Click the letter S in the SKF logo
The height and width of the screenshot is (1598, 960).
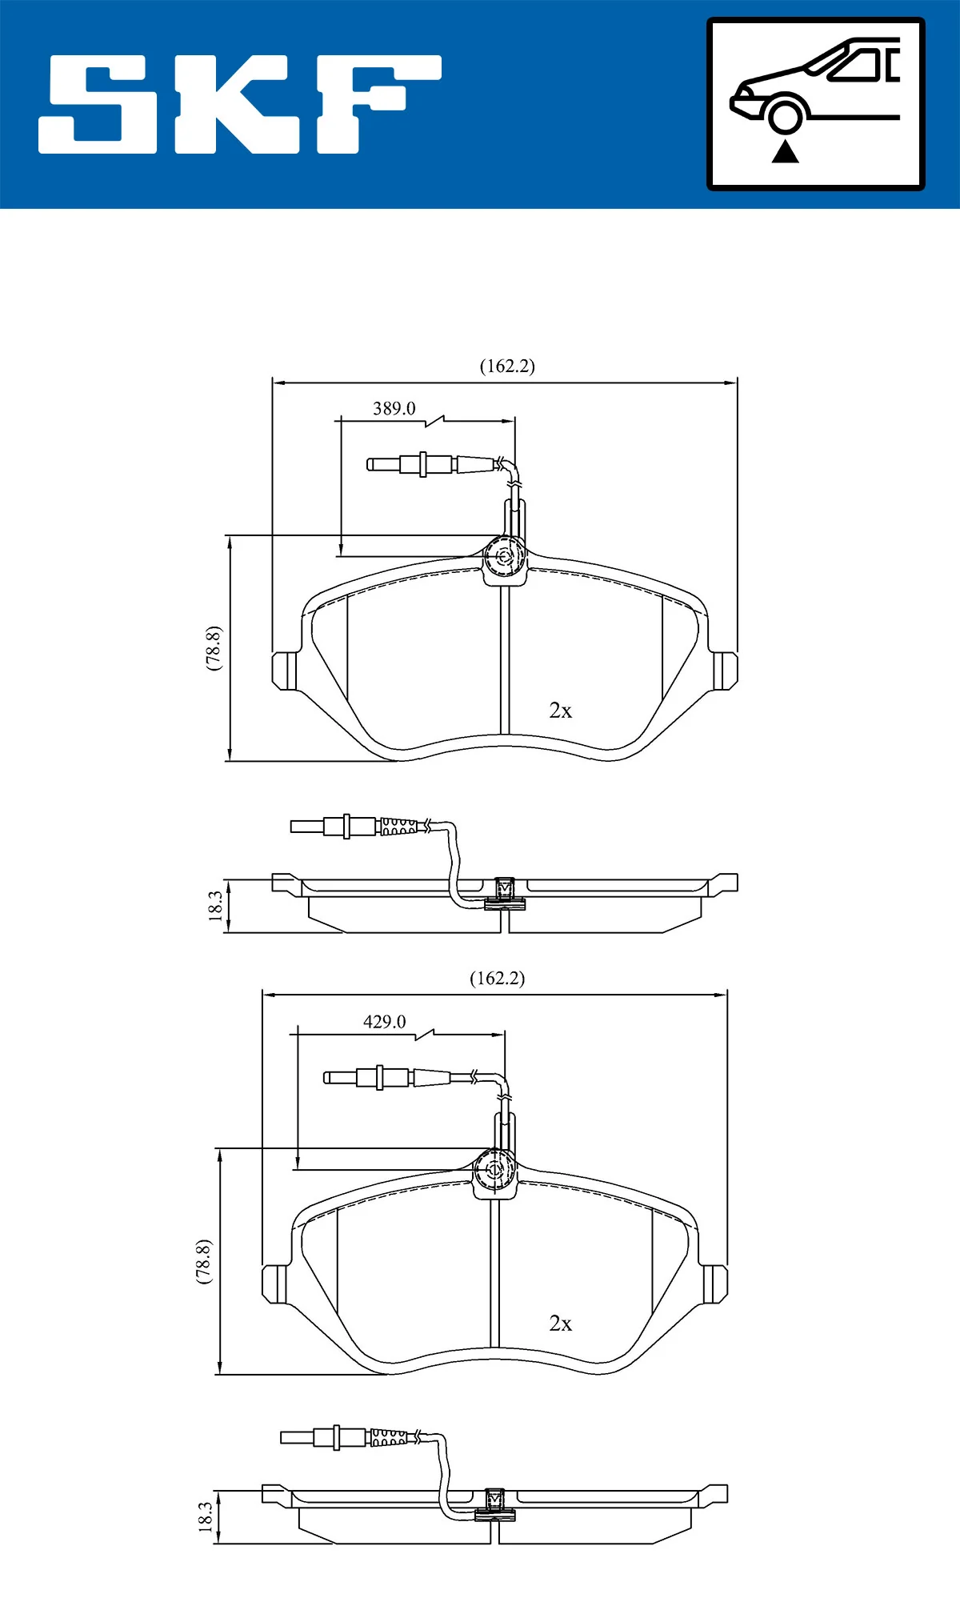click(98, 104)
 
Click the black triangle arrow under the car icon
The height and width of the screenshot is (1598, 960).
click(785, 151)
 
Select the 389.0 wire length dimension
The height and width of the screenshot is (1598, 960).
click(394, 409)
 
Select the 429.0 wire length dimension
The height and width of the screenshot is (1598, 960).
click(384, 1022)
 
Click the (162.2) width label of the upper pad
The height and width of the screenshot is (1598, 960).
click(507, 366)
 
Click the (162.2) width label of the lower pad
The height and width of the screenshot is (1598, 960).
click(497, 979)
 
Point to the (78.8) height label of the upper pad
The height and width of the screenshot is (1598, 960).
click(213, 648)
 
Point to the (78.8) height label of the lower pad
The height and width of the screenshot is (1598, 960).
click(203, 1262)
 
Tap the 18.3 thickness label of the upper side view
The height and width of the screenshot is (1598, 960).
click(214, 906)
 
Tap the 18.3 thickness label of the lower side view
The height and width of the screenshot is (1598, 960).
click(205, 1517)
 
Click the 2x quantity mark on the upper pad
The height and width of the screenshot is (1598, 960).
click(560, 711)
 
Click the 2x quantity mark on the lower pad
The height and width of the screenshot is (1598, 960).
click(560, 1324)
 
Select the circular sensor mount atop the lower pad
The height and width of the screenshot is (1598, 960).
click(494, 1170)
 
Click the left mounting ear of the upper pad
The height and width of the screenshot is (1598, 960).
click(284, 671)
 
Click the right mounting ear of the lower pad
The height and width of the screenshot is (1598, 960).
click(714, 1284)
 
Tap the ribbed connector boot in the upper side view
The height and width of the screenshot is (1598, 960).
click(398, 827)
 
